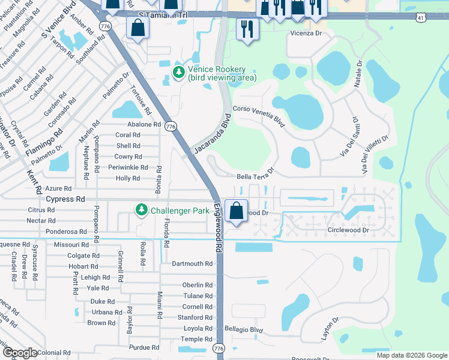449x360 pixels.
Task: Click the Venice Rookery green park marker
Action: [x=178, y=73]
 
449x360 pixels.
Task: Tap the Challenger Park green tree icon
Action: [x=141, y=210]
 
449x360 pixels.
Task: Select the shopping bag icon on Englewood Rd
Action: [x=237, y=211]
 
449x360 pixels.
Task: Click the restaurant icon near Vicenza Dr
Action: [x=247, y=28]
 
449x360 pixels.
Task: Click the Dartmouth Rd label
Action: [x=192, y=263]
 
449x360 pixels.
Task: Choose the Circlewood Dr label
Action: [x=348, y=230]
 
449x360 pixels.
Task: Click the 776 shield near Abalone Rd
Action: [x=171, y=127]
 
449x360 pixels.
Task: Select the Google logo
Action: [x=20, y=353]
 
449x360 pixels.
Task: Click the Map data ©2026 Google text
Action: [x=411, y=355]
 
